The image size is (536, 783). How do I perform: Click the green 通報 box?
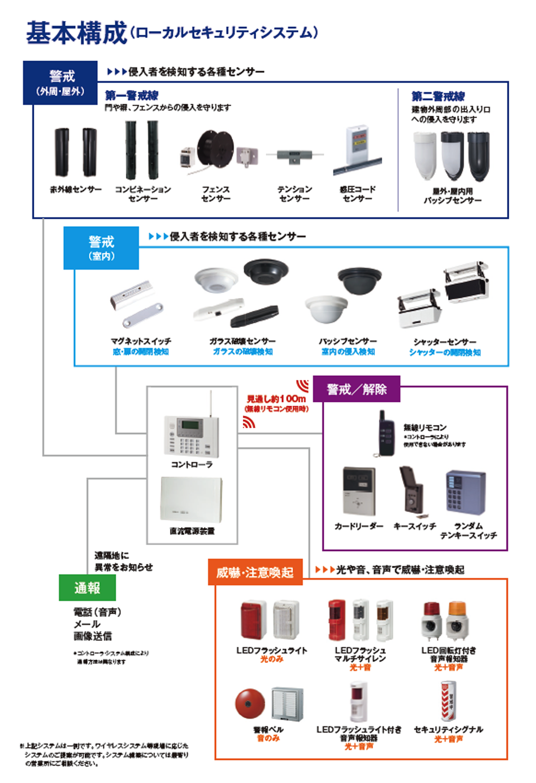coord(87,588)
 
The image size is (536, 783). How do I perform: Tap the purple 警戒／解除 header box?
coord(356,389)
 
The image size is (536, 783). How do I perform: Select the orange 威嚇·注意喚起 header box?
coord(255,572)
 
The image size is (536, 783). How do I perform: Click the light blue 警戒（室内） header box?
coord(101,248)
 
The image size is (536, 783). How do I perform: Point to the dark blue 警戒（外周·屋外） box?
coord(61,83)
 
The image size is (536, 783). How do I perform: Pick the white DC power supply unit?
coord(191,499)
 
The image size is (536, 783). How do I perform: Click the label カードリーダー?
coord(359,526)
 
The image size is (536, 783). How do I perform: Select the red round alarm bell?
coord(250,703)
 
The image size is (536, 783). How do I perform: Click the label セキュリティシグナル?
coord(449,729)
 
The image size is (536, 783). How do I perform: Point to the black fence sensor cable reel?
coord(215,150)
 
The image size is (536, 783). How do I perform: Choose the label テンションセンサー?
coord(294,193)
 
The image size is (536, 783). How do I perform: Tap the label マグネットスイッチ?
coord(141,341)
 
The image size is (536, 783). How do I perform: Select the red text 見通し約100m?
coord(276,399)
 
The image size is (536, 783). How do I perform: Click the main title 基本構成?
coord(77,33)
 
